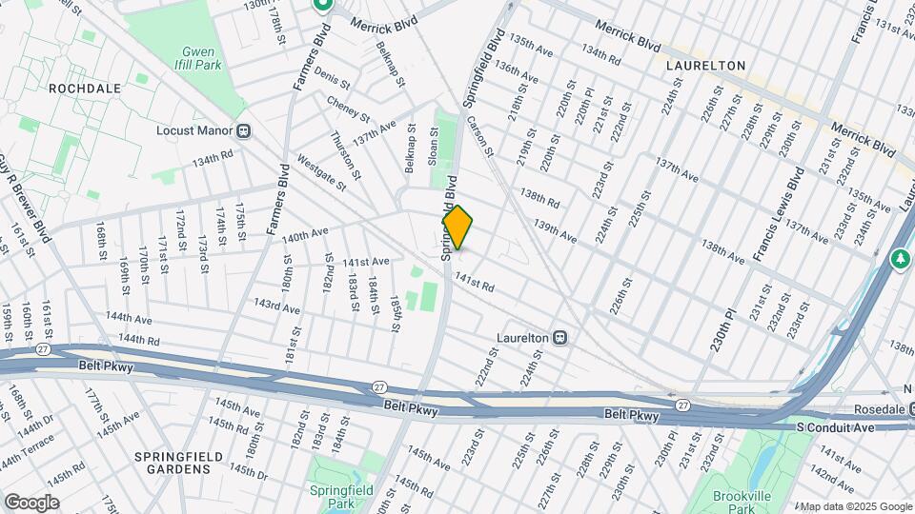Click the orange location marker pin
coord(457,227)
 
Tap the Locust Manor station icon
coord(244,130)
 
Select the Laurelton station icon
coord(562,337)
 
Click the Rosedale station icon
coord(911,408)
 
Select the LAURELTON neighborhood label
coord(705,66)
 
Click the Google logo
coord(30,503)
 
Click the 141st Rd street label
coord(475,282)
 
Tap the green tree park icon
coord(901,258)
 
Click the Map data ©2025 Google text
coord(855,506)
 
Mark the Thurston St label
coord(345,155)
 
